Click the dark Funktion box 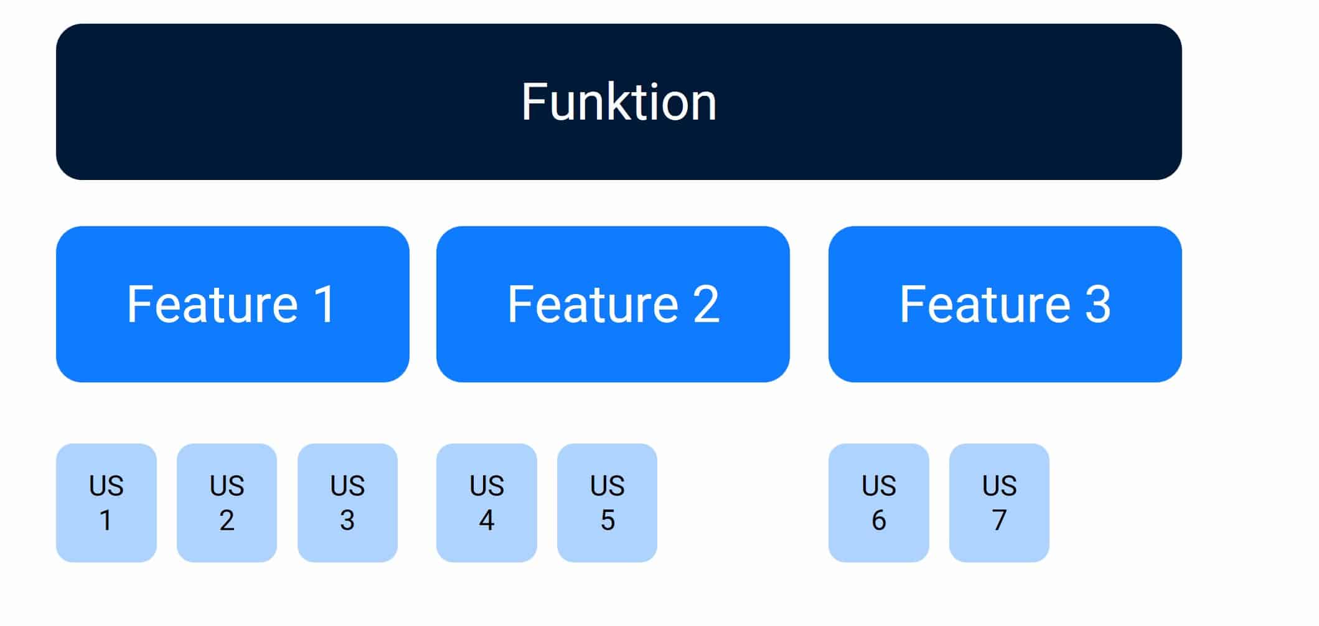[619, 102]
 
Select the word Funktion [619, 102]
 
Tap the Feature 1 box [233, 304]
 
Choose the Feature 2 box [613, 304]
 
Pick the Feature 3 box [1005, 304]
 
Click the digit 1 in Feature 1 [324, 304]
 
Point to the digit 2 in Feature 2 [706, 304]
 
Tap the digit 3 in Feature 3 [1098, 304]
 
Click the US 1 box [106, 503]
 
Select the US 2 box [227, 503]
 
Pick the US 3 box [347, 503]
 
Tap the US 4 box [487, 503]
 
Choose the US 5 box [607, 503]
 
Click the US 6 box [879, 503]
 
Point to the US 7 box [999, 503]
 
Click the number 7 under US [999, 520]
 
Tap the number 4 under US [487, 520]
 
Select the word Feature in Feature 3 [985, 304]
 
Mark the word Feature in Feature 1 [213, 304]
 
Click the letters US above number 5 [607, 485]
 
